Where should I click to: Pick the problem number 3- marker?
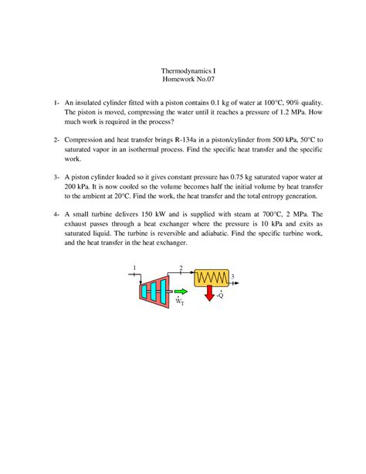pos(56,176)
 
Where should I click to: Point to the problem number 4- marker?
pos(56,213)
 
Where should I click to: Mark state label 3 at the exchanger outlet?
pos(232,276)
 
